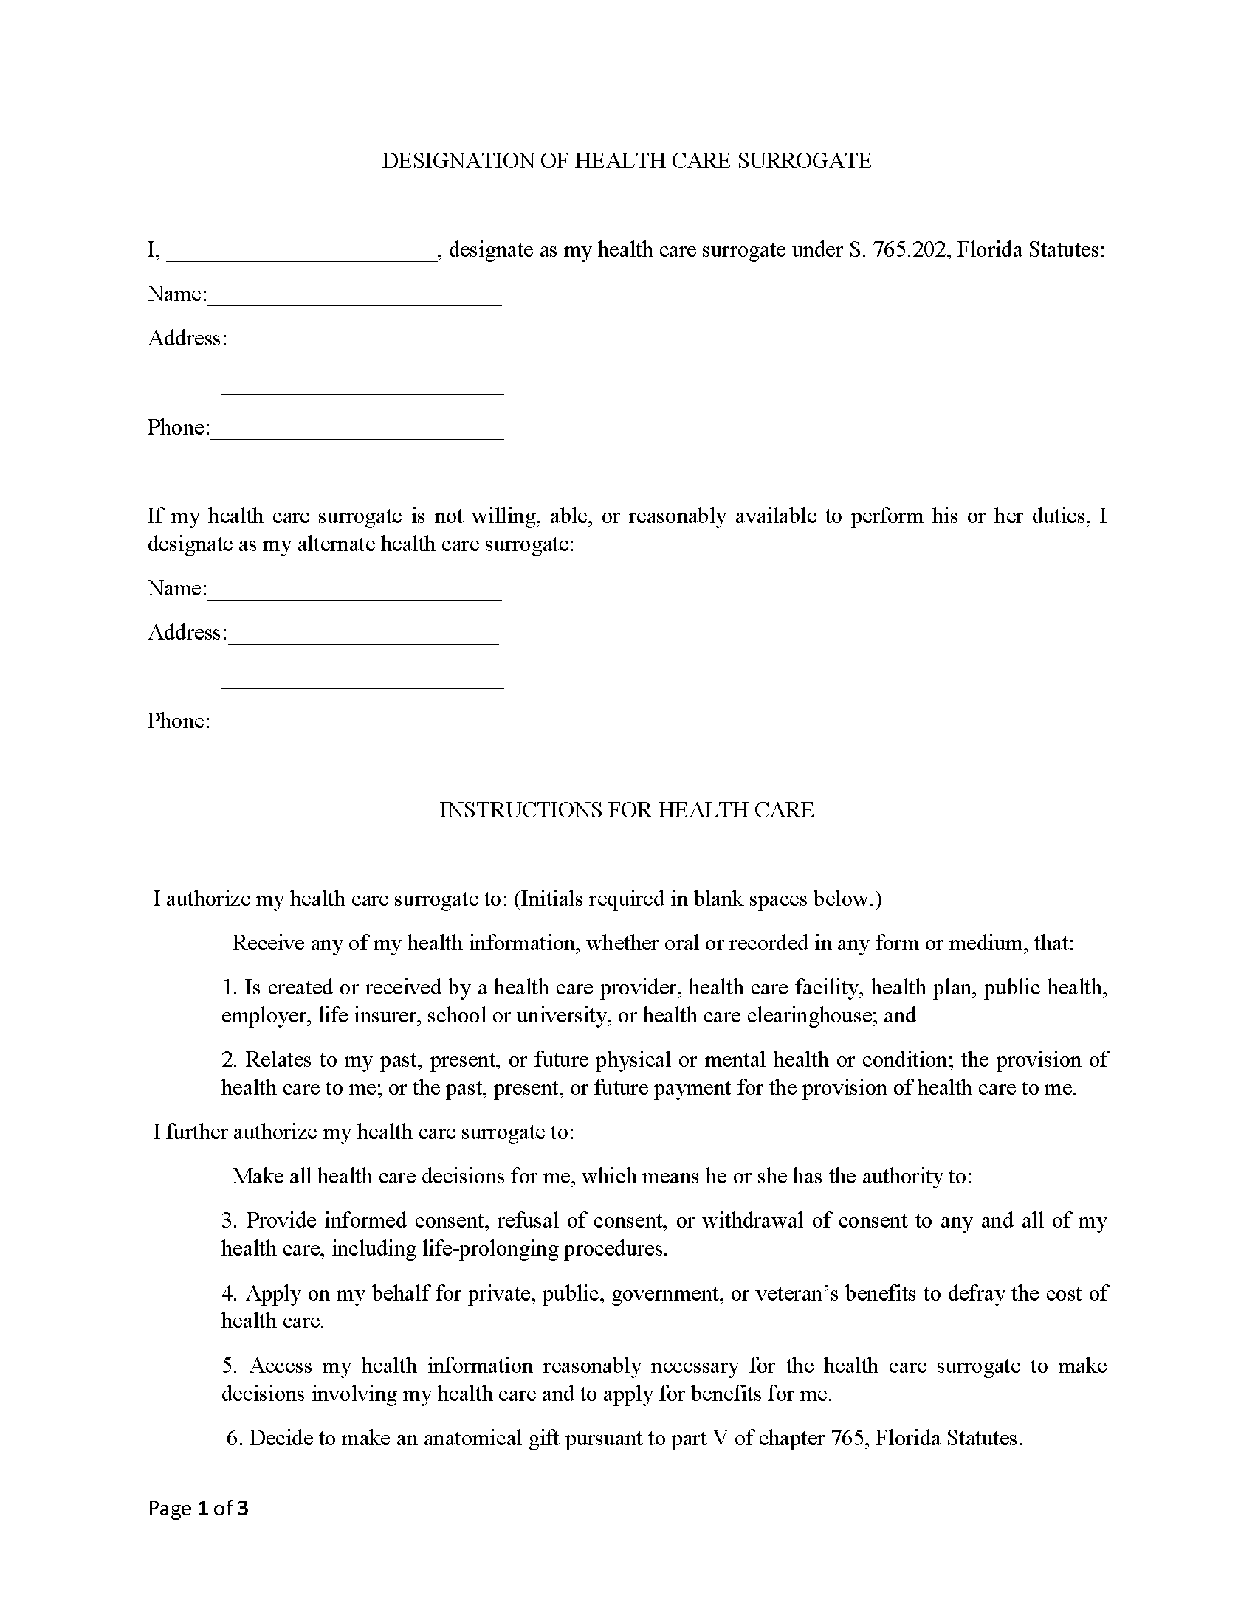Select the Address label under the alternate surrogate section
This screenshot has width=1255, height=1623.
(x=186, y=632)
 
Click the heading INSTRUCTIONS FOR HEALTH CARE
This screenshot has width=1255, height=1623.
(x=627, y=810)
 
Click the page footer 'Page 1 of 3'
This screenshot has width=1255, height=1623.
(x=198, y=1508)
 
